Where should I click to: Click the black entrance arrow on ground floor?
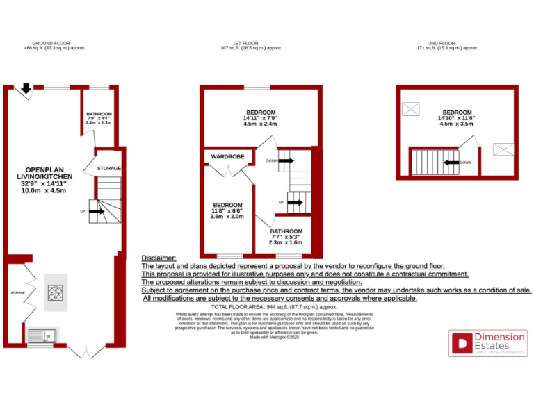(26, 88)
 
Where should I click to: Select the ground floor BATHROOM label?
(99, 118)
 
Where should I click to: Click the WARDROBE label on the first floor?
(227, 157)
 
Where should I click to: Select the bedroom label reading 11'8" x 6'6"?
(227, 210)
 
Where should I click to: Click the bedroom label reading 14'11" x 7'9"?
(261, 118)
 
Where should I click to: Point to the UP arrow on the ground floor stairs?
(97, 210)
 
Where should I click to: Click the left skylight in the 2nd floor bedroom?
(412, 109)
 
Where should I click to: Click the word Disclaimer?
(159, 258)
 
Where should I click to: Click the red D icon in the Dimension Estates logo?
(461, 342)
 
